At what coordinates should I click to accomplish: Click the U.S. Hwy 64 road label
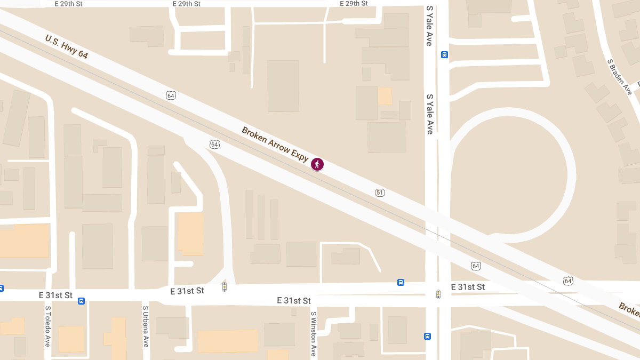pyautogui.click(x=67, y=47)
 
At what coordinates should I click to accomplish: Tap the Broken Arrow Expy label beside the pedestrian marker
pyautogui.click(x=275, y=144)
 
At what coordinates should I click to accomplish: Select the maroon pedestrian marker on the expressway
pyautogui.click(x=317, y=164)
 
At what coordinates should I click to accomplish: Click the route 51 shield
pyautogui.click(x=380, y=193)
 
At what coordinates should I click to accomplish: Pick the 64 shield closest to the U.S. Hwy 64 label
pyautogui.click(x=171, y=95)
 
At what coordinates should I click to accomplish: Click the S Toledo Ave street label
pyautogui.click(x=47, y=326)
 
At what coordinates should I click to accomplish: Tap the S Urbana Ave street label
pyautogui.click(x=145, y=326)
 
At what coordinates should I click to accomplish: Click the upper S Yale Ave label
pyautogui.click(x=429, y=26)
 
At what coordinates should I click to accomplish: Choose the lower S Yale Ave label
pyautogui.click(x=429, y=114)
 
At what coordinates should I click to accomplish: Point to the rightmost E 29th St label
pyautogui.click(x=354, y=4)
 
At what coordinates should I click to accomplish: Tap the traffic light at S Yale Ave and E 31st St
pyautogui.click(x=438, y=294)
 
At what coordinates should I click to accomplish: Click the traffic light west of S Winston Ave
pyautogui.click(x=225, y=287)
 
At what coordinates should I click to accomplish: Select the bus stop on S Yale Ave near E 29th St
pyautogui.click(x=445, y=54)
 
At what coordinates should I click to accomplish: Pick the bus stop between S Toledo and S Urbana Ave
pyautogui.click(x=81, y=301)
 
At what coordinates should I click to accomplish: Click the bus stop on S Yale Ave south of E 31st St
pyautogui.click(x=427, y=336)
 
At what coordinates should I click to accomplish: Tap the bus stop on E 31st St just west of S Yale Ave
pyautogui.click(x=401, y=282)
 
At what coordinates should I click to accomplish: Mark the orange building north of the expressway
pyautogui.click(x=385, y=96)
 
